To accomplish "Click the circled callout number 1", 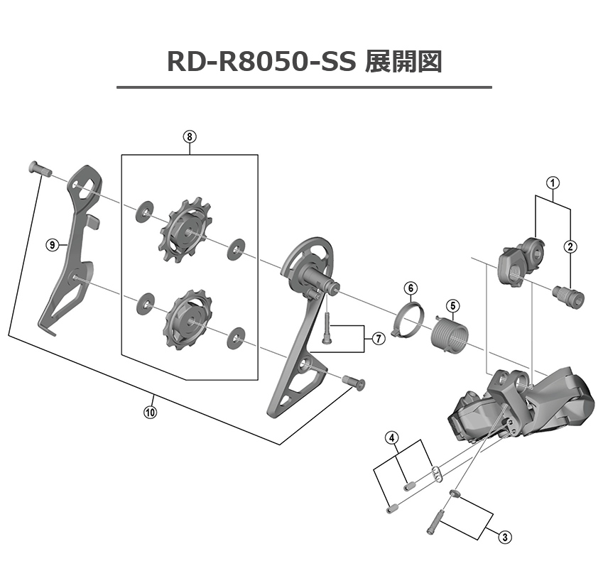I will point(552,182).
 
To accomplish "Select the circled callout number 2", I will point(571,246).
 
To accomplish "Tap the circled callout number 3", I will point(504,536).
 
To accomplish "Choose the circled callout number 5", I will point(451,306).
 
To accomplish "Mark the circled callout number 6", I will point(411,288).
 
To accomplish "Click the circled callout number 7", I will point(378,339).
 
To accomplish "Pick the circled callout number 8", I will point(189,137).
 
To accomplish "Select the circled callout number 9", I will point(51,245).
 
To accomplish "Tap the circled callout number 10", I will point(150,411).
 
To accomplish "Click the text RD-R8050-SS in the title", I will point(261,62).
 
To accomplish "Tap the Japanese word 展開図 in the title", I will point(403,62).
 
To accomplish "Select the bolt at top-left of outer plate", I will point(40,168).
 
